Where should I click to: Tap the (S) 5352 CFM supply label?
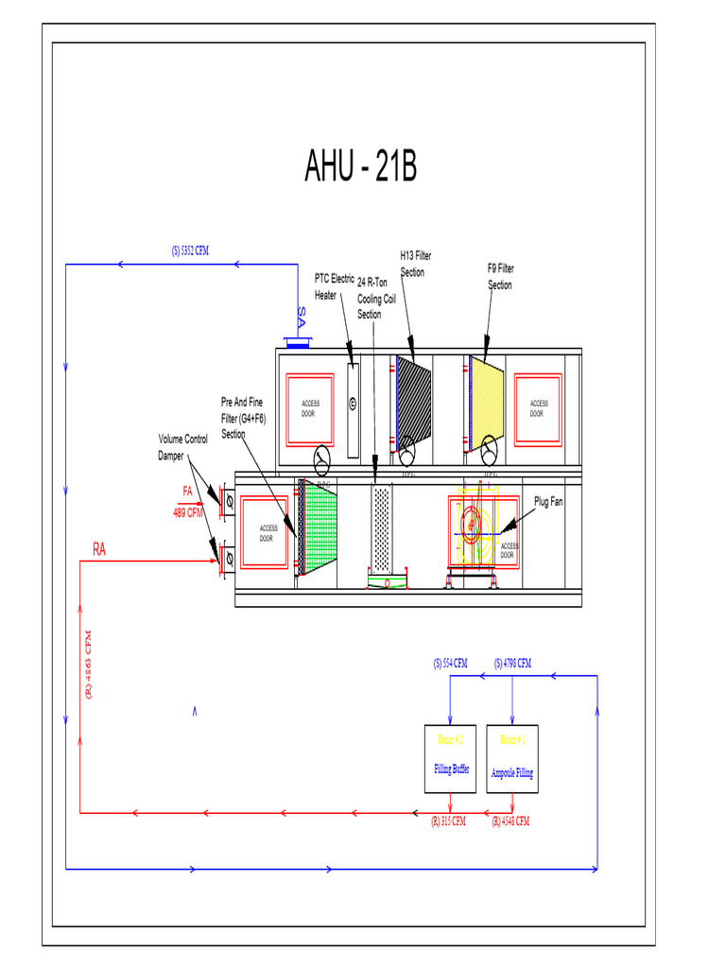[x=190, y=251]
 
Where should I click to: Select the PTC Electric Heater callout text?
[x=334, y=287]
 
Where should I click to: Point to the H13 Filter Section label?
[x=415, y=264]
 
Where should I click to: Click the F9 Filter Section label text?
[x=500, y=276]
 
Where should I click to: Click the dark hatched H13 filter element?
[x=413, y=403]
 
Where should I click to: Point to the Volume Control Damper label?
[x=182, y=447]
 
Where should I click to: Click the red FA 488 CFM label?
[x=187, y=502]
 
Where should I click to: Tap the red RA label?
[x=99, y=549]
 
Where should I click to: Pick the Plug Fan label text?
[x=547, y=502]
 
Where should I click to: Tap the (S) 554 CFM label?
[x=451, y=664]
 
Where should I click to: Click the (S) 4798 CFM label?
[x=512, y=664]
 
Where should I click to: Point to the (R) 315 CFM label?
[x=449, y=821]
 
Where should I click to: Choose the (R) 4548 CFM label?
[x=510, y=821]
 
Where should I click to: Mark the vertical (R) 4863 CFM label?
[x=88, y=664]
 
